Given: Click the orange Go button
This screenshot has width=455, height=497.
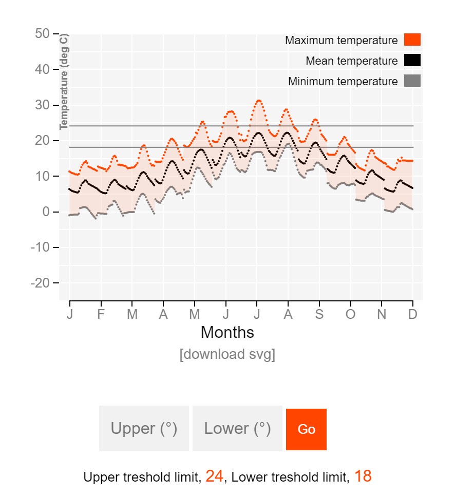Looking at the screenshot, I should (306, 429).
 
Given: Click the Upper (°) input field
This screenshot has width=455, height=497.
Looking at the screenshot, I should (144, 429).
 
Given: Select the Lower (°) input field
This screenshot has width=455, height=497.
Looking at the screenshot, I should (237, 429).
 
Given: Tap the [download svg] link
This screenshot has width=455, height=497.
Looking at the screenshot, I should (227, 355).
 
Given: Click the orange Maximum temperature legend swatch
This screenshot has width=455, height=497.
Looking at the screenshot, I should (412, 40).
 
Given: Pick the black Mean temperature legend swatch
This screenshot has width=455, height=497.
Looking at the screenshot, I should (412, 61).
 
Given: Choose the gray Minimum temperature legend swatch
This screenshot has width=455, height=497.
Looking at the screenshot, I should (412, 81).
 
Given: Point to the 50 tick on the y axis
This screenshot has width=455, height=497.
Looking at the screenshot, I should (42, 34).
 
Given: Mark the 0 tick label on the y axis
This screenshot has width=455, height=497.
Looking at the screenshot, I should (46, 212).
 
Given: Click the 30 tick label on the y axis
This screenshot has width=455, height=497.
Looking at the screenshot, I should (42, 105).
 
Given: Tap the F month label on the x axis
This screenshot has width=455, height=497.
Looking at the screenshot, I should (101, 315).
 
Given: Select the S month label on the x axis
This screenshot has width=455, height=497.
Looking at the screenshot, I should (319, 315).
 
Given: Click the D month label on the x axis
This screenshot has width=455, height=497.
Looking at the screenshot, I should (413, 315).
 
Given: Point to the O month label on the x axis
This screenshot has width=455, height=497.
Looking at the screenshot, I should (350, 315).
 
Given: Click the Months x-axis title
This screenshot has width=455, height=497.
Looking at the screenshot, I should (227, 333).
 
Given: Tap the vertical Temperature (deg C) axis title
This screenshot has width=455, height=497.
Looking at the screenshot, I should (64, 82).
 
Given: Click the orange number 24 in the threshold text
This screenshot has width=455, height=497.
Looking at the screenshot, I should (214, 476).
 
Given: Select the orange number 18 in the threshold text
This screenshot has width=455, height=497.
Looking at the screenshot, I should (363, 476).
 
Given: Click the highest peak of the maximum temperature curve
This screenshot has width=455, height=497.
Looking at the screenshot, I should (258, 101).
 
